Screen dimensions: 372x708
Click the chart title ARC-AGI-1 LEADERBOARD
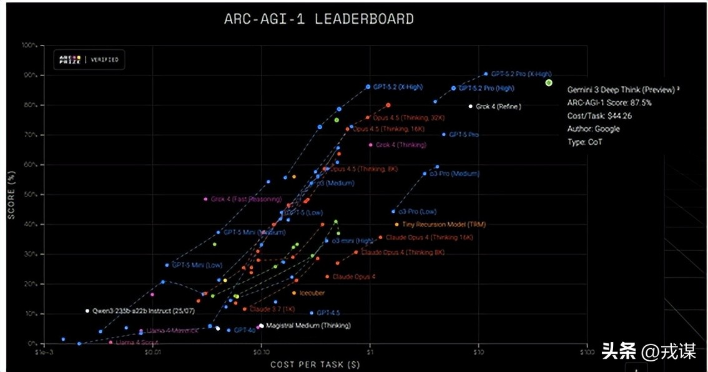click(318, 19)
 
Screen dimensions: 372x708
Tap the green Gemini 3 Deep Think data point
click(548, 82)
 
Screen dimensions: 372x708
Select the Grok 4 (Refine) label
click(498, 107)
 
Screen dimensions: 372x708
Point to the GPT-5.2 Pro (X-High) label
click(521, 74)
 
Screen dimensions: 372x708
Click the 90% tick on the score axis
click(31, 76)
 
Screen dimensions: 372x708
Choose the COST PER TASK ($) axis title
click(315, 364)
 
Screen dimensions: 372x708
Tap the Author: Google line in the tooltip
click(594, 129)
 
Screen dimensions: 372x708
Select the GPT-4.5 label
click(328, 313)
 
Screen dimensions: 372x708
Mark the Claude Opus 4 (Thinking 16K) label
click(430, 238)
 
